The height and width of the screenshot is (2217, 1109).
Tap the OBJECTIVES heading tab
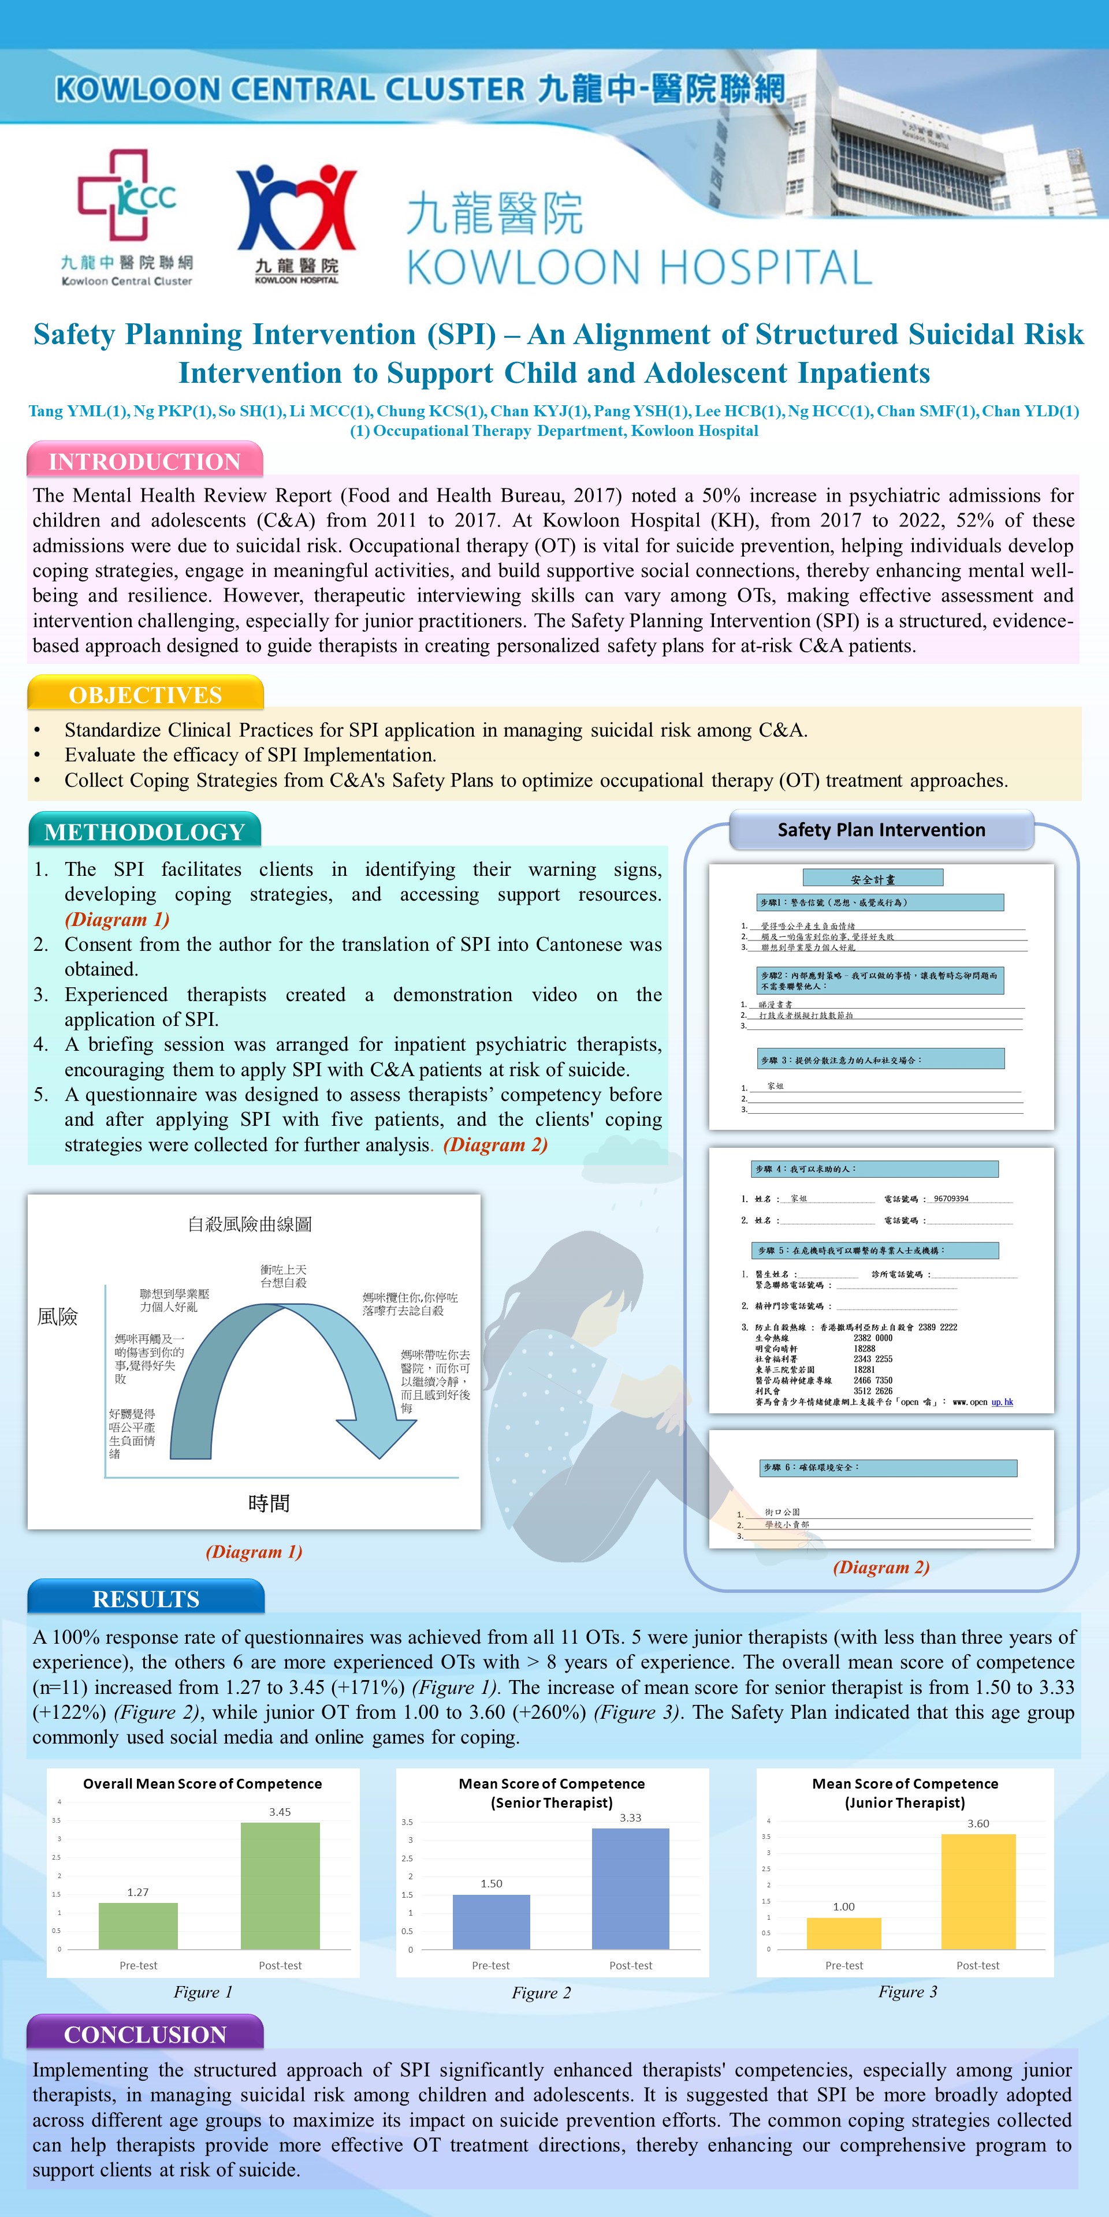144,695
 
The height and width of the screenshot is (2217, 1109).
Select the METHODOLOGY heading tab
144,831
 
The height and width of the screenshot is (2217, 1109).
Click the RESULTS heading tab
146,1598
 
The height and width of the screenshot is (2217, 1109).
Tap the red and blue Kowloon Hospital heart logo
296,207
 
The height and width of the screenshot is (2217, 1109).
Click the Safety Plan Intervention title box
881,830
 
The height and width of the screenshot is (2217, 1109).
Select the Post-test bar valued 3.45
280,1885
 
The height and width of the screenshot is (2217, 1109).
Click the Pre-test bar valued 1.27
138,1925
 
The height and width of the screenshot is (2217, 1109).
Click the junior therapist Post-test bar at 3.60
978,1891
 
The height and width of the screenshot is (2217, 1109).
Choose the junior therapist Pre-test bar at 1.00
844,1933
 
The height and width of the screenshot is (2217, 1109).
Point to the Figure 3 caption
907,1991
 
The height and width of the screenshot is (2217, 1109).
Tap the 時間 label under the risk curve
269,1503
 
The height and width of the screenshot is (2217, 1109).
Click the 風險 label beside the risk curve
58,1316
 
